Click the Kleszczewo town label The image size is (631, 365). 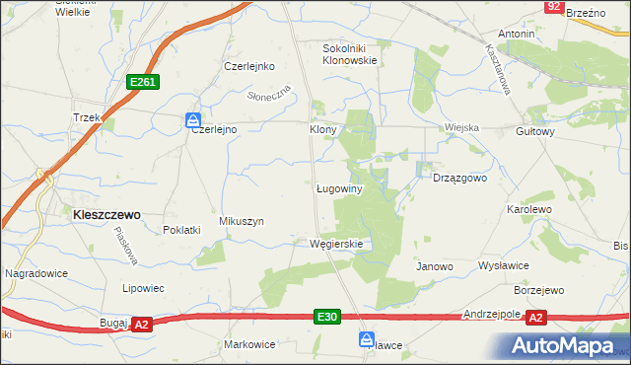103,213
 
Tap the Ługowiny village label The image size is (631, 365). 341,188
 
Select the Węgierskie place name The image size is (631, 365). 337,244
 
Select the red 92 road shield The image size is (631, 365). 554,7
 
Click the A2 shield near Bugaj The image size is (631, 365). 141,324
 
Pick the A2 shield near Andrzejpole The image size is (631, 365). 535,318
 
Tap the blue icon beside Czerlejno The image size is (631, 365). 193,120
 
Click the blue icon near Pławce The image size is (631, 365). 366,338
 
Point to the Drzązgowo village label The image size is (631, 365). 460,179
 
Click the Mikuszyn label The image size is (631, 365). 242,222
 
